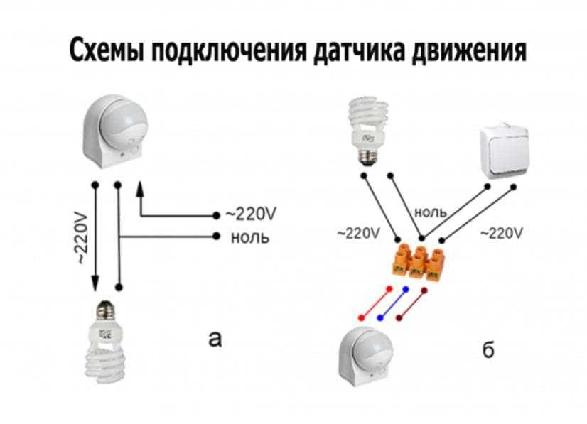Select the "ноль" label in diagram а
(249, 237)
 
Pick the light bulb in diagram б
(369, 128)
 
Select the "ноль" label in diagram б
(431, 212)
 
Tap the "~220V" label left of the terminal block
(360, 233)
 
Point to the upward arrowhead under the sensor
(140, 187)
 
